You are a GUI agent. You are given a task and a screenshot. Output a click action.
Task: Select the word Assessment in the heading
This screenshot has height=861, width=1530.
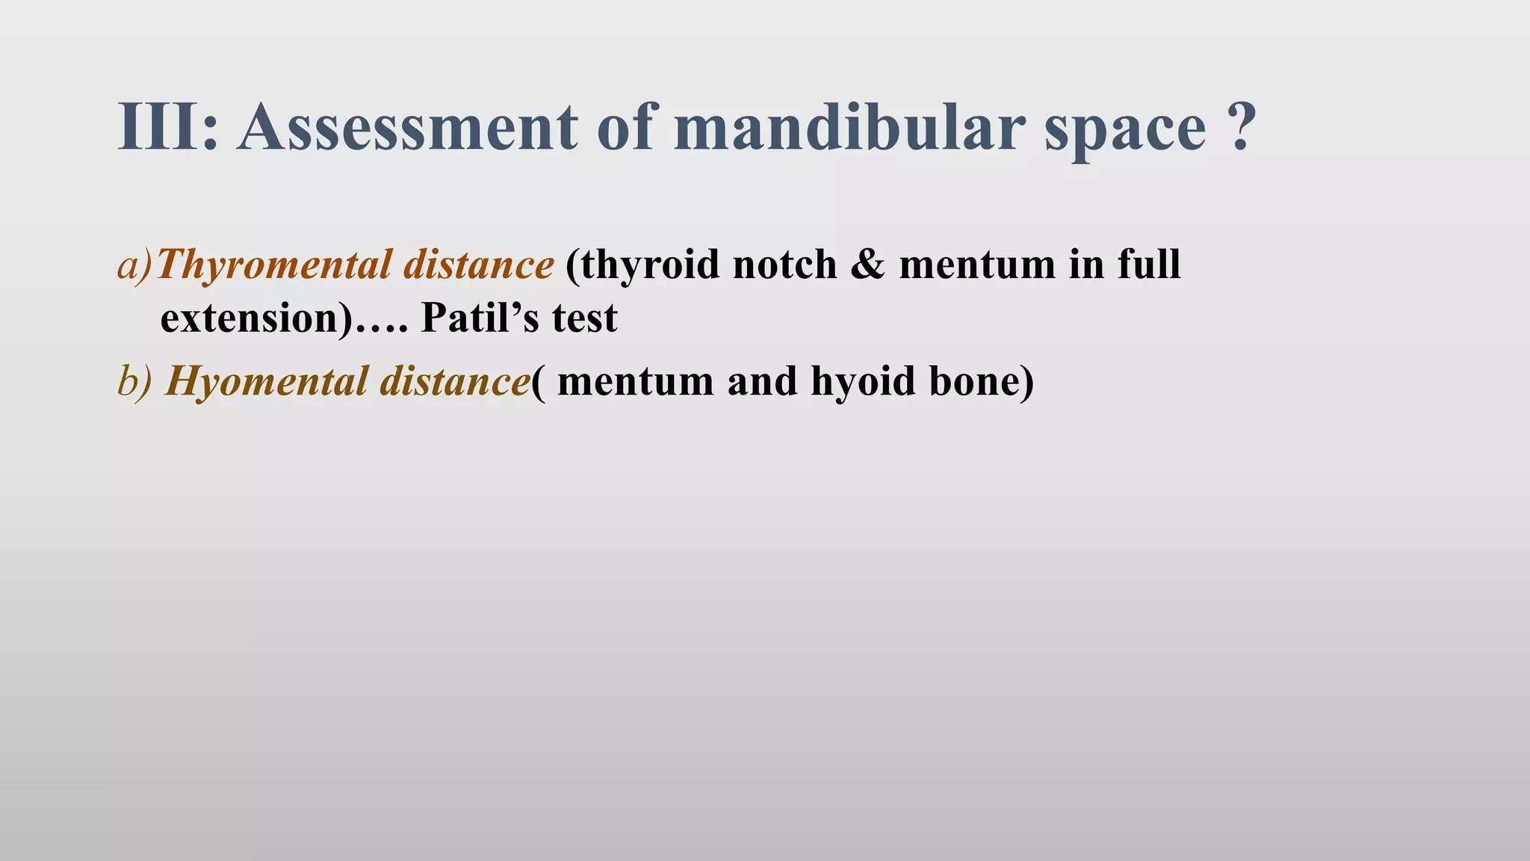point(408,127)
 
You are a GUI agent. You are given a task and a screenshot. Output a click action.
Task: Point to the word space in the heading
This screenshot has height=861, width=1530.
point(1124,132)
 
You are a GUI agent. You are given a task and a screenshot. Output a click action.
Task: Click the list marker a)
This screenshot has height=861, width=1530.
point(135,265)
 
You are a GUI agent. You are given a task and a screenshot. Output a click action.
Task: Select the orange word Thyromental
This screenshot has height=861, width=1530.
point(273,265)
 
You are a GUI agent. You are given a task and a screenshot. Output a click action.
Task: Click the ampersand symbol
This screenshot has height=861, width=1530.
point(867,265)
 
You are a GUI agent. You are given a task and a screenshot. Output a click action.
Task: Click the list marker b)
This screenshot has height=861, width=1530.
point(134,381)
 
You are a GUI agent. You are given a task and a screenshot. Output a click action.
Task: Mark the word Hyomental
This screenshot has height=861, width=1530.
point(266,381)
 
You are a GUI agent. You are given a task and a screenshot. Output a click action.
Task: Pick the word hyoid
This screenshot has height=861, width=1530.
point(863,381)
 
